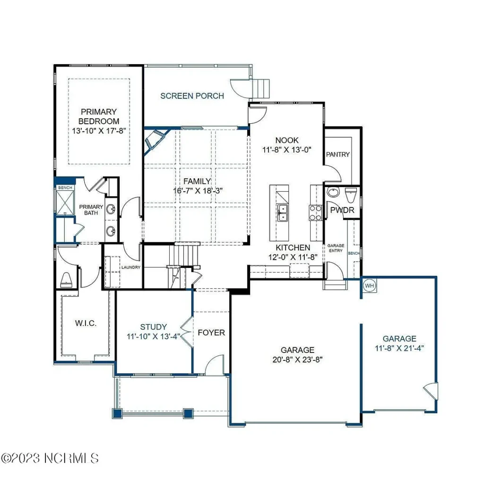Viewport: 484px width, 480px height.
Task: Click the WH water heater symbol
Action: click(x=369, y=285)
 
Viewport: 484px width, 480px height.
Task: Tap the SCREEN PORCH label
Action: click(x=192, y=96)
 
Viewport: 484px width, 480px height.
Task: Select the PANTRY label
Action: click(x=337, y=154)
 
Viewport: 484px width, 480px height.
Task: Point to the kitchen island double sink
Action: click(x=283, y=213)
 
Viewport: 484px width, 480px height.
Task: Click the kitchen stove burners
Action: click(x=315, y=213)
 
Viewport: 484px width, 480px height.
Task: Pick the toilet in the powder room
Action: click(x=351, y=194)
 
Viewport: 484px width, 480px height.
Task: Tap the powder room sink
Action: click(x=333, y=192)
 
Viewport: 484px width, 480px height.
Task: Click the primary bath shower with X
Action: click(x=65, y=202)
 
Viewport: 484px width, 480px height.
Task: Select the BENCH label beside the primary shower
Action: click(x=65, y=188)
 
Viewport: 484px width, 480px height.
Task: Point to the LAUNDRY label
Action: click(x=131, y=267)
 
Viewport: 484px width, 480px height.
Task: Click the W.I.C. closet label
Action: click(x=86, y=323)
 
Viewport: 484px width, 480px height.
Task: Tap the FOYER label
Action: click(x=211, y=333)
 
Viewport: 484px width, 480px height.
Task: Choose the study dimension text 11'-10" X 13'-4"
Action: click(x=154, y=336)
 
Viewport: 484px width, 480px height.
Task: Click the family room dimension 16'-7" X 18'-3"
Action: click(x=198, y=191)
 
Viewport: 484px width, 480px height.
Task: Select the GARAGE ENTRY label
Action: click(x=336, y=248)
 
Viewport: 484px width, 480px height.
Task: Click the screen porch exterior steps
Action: click(x=261, y=88)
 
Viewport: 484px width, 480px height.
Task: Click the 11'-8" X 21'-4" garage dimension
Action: click(x=399, y=348)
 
